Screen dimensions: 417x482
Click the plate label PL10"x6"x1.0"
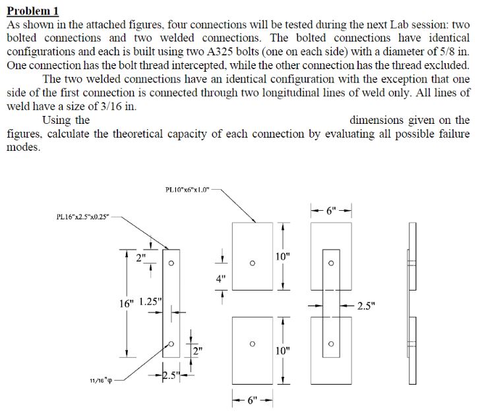[x=187, y=190]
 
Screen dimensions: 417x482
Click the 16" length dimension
[x=125, y=304]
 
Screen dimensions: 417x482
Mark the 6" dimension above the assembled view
[x=332, y=211]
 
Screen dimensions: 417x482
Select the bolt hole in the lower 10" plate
[x=252, y=343]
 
